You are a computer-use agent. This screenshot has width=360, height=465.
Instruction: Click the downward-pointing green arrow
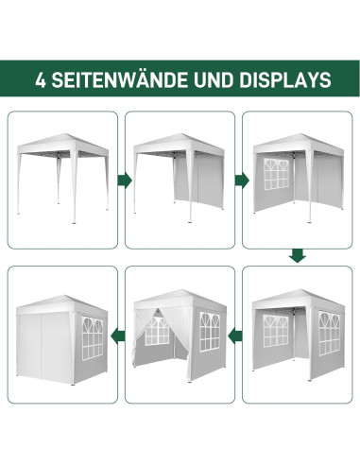pyautogui.click(x=297, y=255)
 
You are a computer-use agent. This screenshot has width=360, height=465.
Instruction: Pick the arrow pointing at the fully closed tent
pyautogui.click(x=115, y=333)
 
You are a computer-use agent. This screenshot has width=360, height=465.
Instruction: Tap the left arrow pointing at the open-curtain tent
pyautogui.click(x=236, y=333)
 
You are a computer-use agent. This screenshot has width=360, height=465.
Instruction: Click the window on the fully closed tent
pyautogui.click(x=92, y=335)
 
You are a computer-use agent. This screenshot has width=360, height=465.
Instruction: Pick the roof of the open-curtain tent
pyautogui.click(x=177, y=295)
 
